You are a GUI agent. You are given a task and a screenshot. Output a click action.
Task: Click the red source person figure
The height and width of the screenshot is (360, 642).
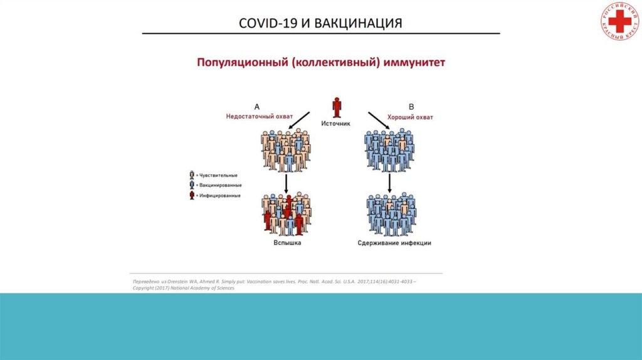tap(337, 107)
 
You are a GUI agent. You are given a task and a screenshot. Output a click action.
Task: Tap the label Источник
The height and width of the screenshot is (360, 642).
tap(336, 124)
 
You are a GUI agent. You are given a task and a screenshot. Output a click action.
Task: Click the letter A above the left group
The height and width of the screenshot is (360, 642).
tap(256, 107)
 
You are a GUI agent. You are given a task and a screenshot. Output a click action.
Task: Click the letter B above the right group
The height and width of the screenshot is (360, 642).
tap(411, 107)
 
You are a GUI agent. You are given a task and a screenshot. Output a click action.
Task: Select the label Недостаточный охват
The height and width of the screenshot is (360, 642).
tap(251, 117)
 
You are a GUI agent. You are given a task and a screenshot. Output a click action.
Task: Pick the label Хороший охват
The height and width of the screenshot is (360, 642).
tap(411, 117)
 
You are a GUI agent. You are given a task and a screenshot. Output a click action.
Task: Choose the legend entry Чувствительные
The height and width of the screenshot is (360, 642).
tap(217, 175)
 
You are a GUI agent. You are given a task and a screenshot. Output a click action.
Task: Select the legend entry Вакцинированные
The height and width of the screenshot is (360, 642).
tap(218, 186)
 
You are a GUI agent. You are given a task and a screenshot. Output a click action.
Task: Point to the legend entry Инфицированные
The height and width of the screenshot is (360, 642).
tap(218, 196)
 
